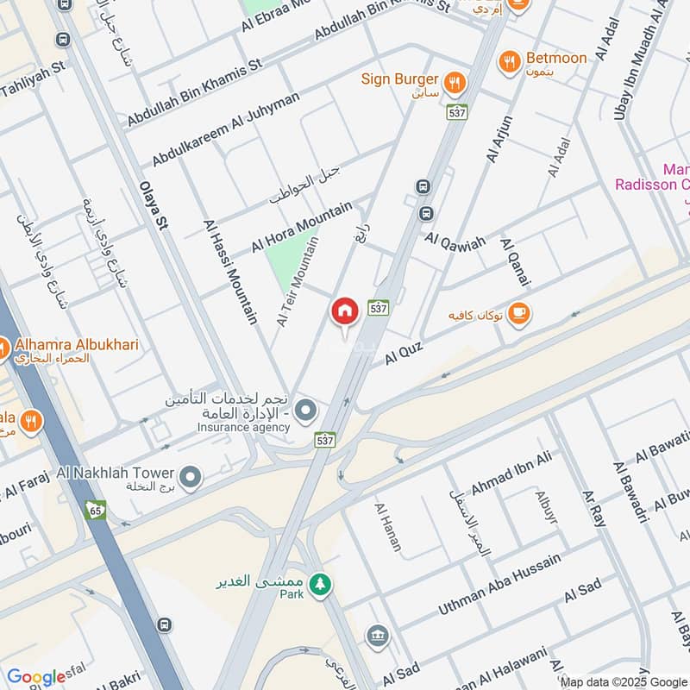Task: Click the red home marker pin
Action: [x=345, y=311]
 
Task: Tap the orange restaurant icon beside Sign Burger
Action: [x=456, y=83]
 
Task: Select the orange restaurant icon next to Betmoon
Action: [x=510, y=61]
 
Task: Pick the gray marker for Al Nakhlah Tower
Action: [x=190, y=474]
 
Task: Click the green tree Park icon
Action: [x=320, y=583]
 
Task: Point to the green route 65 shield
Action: [x=95, y=509]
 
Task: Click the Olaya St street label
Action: [x=154, y=205]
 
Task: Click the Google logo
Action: [x=36, y=677]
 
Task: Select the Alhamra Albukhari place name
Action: [x=75, y=345]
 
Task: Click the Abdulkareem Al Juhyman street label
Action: [x=226, y=130]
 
